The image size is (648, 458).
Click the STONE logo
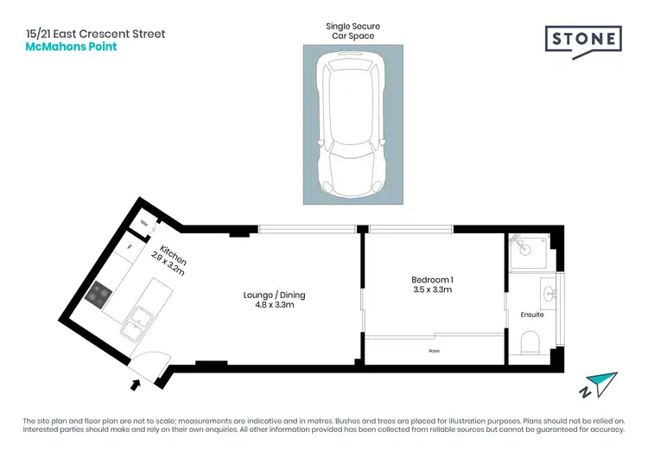point(582,40)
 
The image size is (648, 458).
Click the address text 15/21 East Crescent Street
point(95,34)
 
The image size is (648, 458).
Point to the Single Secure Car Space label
point(352,32)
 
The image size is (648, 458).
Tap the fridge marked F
point(130,248)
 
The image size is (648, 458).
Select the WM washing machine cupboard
point(145,224)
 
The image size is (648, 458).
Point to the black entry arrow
point(135,383)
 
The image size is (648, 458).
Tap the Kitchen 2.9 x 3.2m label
point(168,258)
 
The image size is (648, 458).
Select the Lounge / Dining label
point(274,300)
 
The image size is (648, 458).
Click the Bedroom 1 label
point(431,284)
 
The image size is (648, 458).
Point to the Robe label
point(434,351)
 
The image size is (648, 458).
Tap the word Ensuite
point(533,315)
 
